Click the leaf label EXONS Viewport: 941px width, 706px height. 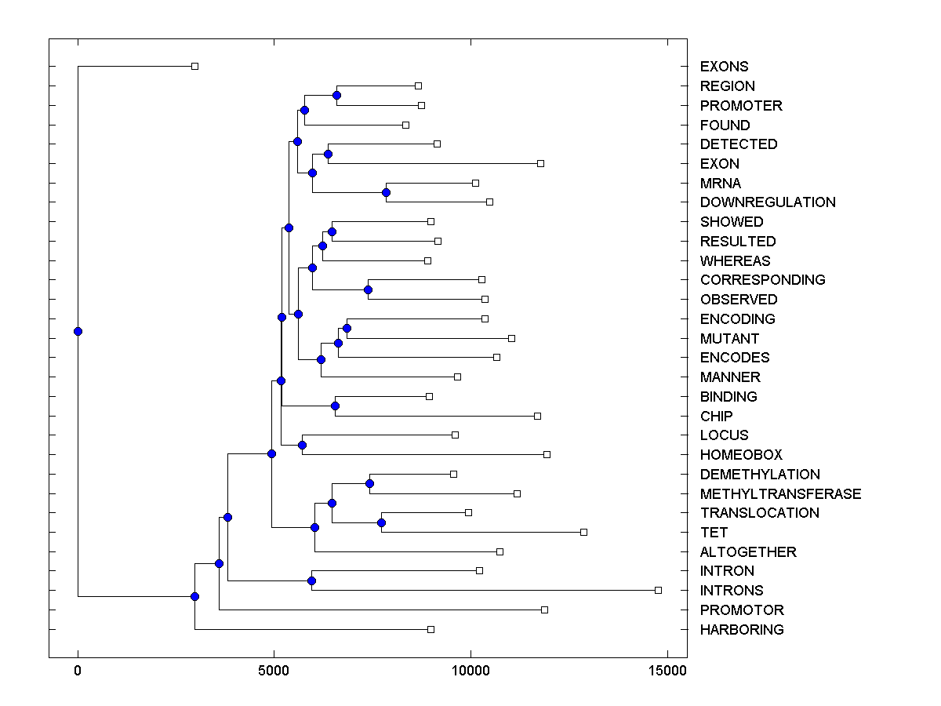724,67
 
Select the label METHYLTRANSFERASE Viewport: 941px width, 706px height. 780,493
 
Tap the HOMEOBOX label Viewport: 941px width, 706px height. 741,455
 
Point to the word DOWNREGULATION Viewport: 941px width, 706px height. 768,202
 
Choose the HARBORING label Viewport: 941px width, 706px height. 742,629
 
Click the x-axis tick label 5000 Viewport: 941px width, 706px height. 274,671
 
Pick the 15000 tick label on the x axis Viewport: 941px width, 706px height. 667,671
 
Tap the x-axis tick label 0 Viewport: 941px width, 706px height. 78,671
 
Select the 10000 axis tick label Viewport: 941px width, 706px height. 470,671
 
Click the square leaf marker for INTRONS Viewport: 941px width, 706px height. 658,590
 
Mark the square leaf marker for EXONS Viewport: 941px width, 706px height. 195,67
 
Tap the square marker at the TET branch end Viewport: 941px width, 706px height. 583,532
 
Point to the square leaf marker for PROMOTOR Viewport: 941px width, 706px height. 544,610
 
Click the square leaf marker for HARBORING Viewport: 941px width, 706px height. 431,629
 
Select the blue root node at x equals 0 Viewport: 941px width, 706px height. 78,331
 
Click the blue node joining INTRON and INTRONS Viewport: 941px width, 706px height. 311,580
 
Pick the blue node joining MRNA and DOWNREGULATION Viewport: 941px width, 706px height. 386,192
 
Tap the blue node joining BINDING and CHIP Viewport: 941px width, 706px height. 335,406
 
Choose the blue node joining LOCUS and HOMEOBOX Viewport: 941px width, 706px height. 302,445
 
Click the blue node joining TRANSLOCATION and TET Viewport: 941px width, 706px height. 382,522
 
